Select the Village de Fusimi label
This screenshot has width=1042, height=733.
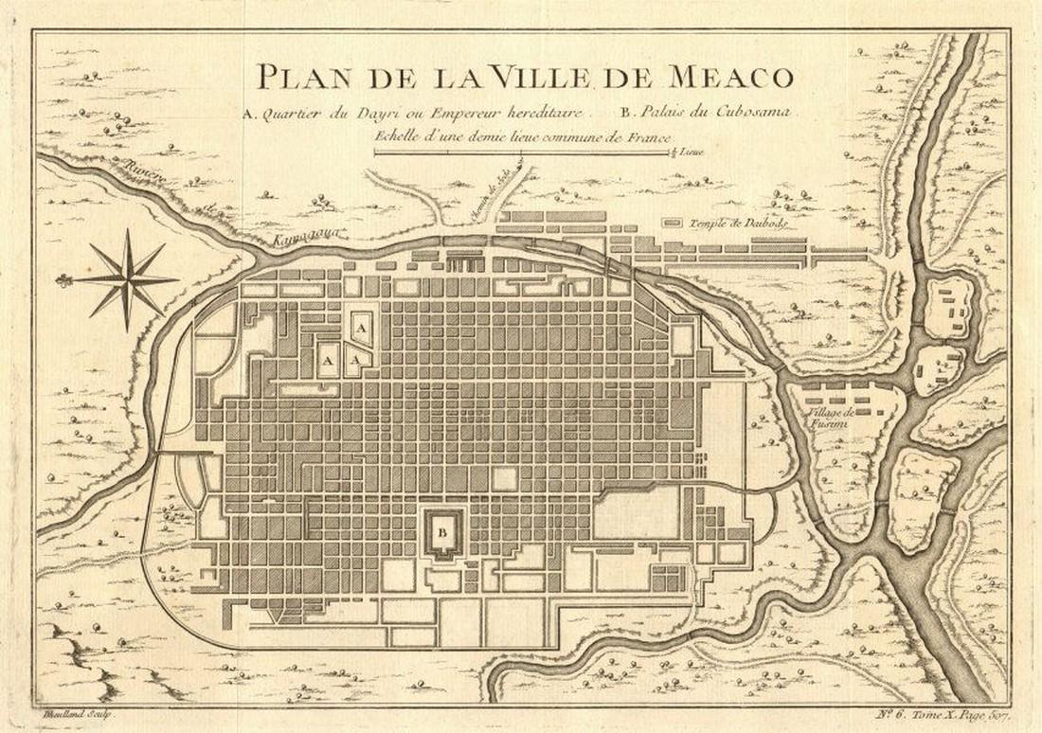click(832, 420)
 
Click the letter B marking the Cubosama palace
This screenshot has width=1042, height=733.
click(441, 531)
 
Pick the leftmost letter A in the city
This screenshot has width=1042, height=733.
click(327, 362)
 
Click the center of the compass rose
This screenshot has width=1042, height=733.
click(127, 280)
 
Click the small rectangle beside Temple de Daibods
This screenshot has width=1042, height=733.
click(672, 223)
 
